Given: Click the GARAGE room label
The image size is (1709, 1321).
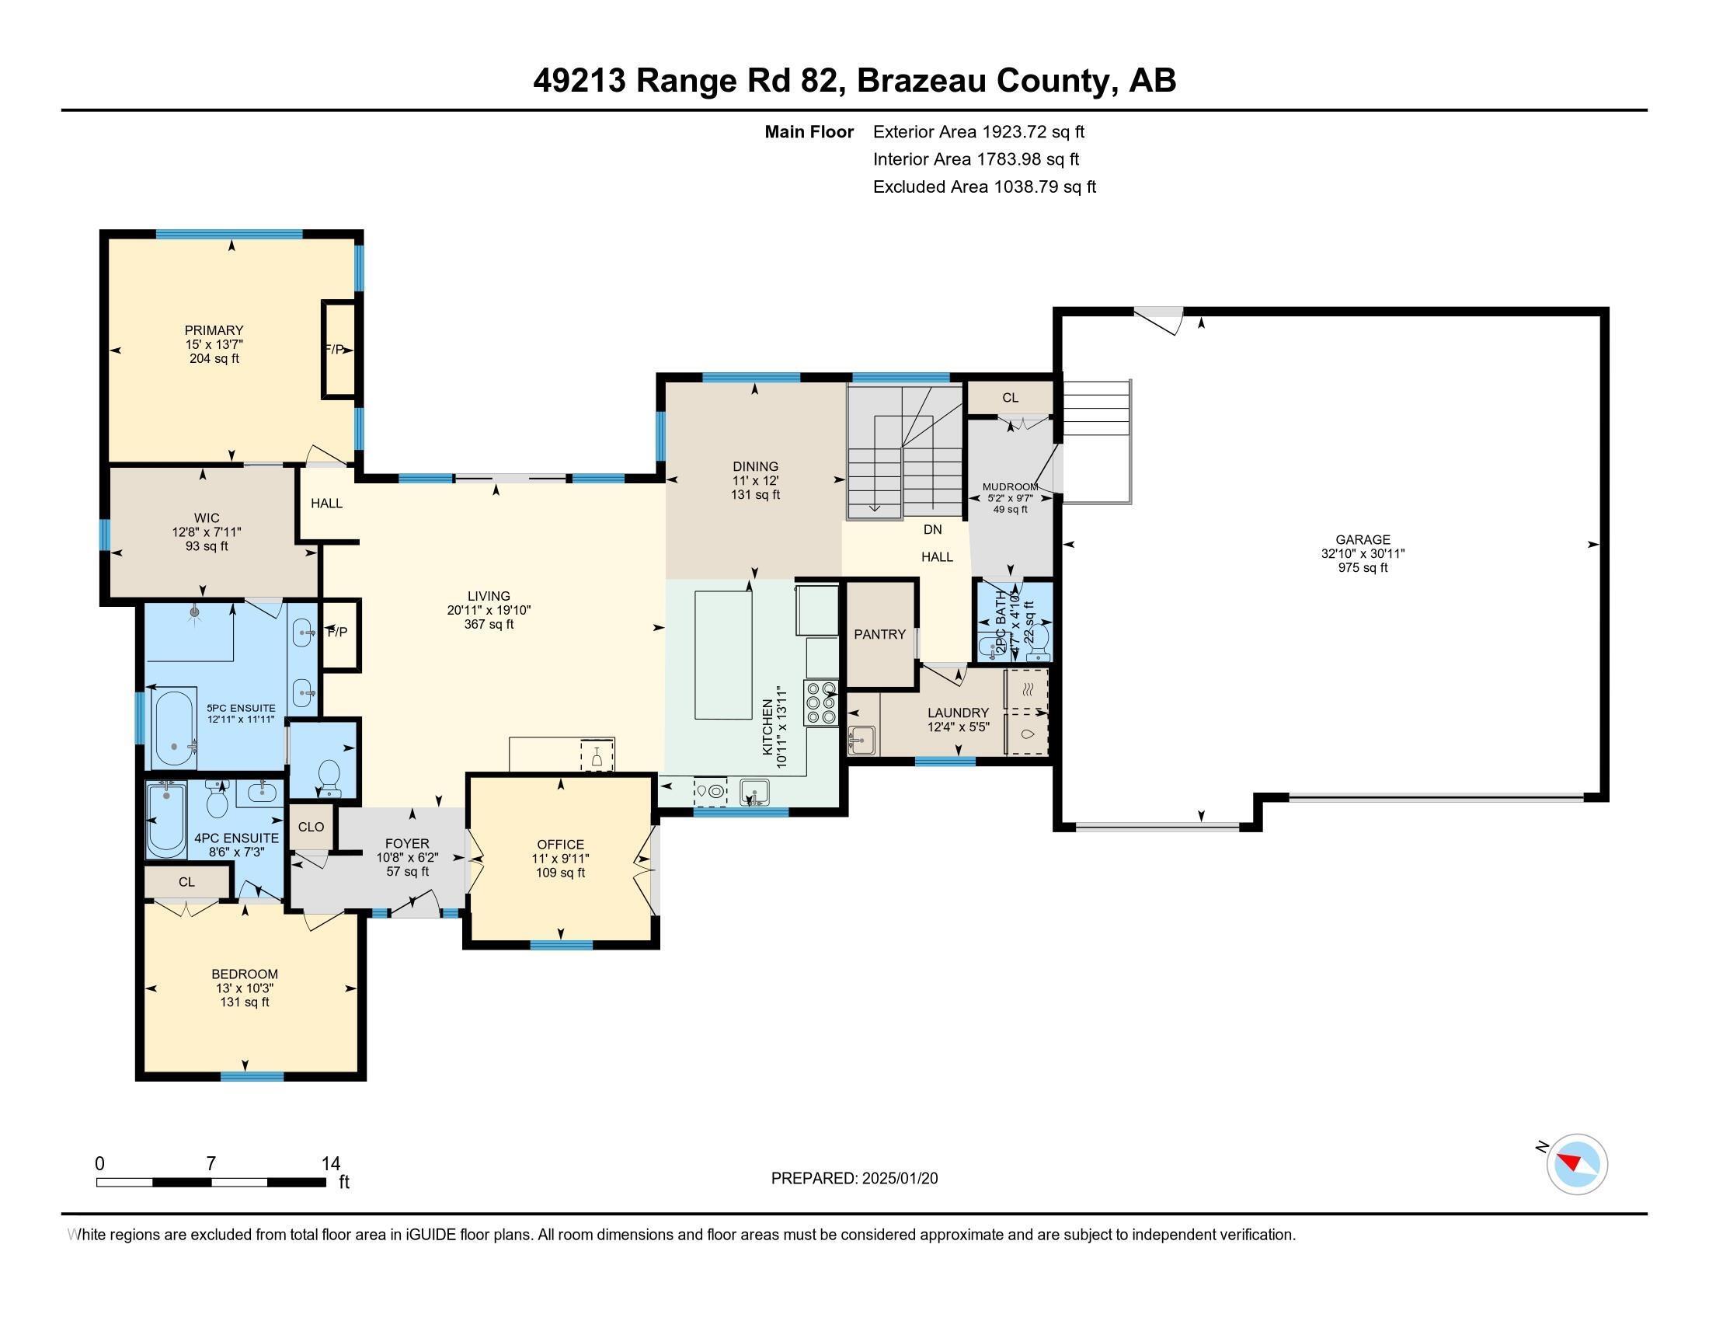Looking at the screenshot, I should (x=1363, y=539).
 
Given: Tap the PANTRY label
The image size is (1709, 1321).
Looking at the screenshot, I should (x=879, y=634).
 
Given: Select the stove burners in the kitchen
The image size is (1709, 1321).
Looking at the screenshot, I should (x=820, y=702).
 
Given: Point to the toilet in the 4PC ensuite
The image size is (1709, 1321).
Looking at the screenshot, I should (x=217, y=801).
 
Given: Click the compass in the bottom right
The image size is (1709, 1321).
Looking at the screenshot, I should (x=1577, y=1164).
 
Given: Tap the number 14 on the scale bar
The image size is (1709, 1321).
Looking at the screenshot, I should (x=331, y=1163).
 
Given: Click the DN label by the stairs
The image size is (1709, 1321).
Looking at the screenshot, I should (x=932, y=530).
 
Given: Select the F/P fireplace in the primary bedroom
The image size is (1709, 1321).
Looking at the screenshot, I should (x=338, y=350).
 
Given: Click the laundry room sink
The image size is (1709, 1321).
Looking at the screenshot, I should (x=861, y=740).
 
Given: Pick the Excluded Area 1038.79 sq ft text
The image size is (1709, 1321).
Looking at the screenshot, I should (x=984, y=187).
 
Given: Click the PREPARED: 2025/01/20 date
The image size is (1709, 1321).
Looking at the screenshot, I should (x=854, y=1178).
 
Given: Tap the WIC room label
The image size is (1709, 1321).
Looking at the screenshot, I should (x=207, y=518).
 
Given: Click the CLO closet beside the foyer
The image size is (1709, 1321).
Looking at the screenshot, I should (x=311, y=827).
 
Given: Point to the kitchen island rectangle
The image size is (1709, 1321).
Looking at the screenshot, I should (x=723, y=655).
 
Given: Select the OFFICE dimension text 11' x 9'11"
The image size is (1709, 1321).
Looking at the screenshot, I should (x=560, y=859).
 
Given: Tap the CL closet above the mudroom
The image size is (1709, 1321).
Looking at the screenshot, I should (x=1010, y=398).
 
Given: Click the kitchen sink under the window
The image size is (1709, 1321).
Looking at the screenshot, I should (x=754, y=792).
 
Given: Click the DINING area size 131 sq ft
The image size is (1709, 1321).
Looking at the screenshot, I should (x=755, y=494).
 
